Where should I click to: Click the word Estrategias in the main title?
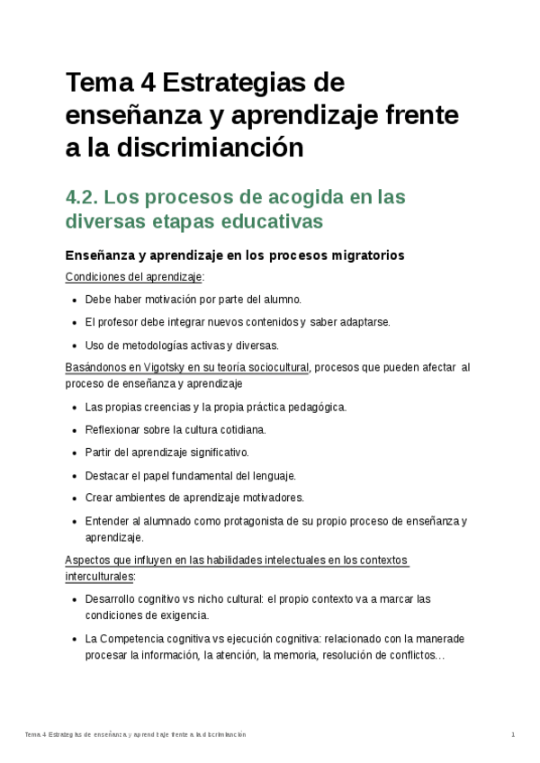click(x=244, y=84)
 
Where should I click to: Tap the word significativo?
click(x=214, y=452)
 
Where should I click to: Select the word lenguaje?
click(x=272, y=475)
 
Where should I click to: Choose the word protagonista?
click(x=238, y=521)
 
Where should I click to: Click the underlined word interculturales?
click(x=100, y=576)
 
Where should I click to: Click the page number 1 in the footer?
click(x=512, y=735)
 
